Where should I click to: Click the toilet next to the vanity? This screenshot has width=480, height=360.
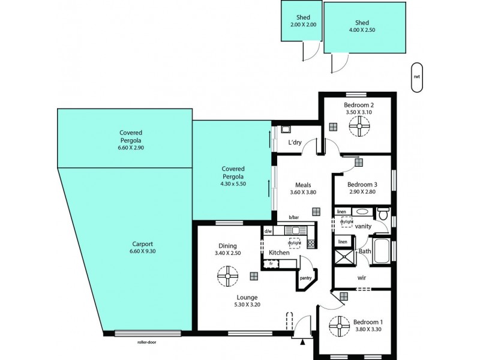click(x=383, y=213)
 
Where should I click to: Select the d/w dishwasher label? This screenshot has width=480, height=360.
click(x=268, y=230)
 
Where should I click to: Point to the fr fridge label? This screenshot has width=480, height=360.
click(x=271, y=263)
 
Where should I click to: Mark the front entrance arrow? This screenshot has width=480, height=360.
click(x=303, y=342)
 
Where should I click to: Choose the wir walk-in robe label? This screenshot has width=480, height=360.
click(x=362, y=278)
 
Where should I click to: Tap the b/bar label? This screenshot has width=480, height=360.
click(x=293, y=217)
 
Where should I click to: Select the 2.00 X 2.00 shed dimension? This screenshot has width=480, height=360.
click(x=302, y=25)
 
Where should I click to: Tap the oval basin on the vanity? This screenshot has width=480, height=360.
click(x=361, y=212)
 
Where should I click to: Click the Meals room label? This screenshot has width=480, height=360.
click(x=302, y=185)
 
